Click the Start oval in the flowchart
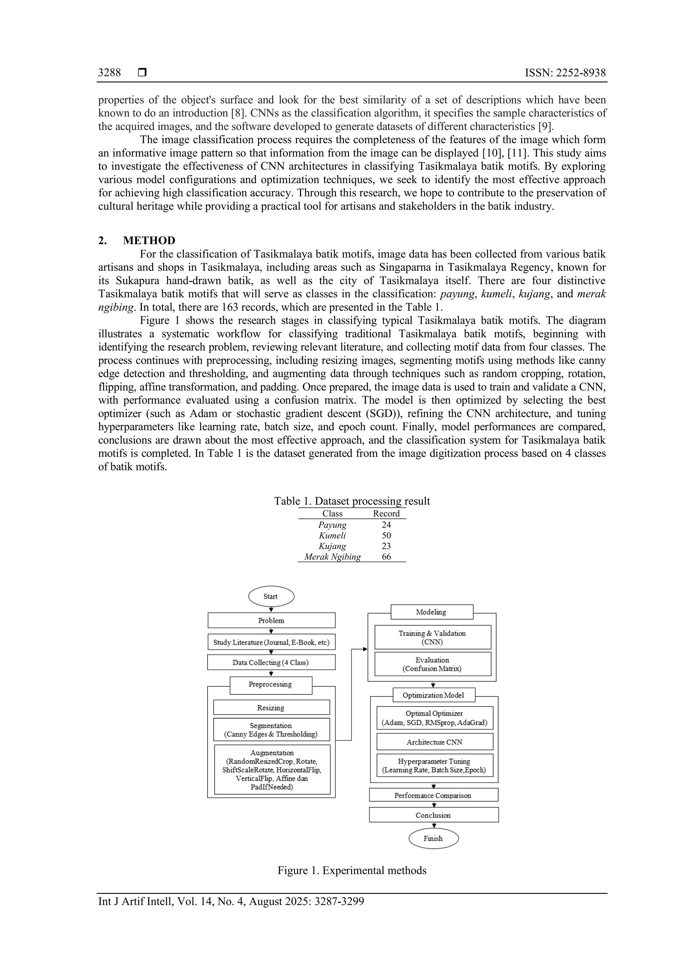pyautogui.click(x=271, y=596)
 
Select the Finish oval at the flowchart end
pyautogui.click(x=433, y=838)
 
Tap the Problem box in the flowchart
pyautogui.click(x=271, y=621)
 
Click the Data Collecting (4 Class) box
pyautogui.click(x=271, y=662)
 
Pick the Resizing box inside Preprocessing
pyautogui.click(x=271, y=708)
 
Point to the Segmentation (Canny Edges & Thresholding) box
pyautogui.click(x=271, y=730)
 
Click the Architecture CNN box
pyautogui.click(x=435, y=742)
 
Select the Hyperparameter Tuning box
pyautogui.click(x=435, y=765)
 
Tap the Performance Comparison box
pyautogui.click(x=433, y=796)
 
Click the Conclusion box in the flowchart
pyautogui.click(x=433, y=815)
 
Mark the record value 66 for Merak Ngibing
pyautogui.click(x=386, y=557)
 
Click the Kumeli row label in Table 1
pyautogui.click(x=333, y=536)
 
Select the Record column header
pyautogui.click(x=386, y=514)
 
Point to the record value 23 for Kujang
pyautogui.click(x=386, y=546)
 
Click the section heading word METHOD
pyautogui.click(x=149, y=241)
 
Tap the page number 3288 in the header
pyautogui.click(x=109, y=73)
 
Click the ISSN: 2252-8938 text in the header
pyautogui.click(x=565, y=73)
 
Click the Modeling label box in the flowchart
pyautogui.click(x=431, y=612)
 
